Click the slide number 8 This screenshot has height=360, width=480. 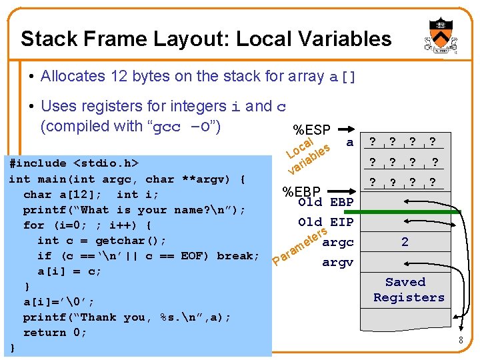tap(460, 341)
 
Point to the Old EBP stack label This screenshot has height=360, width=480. tap(326, 202)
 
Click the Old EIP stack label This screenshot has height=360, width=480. tap(326, 222)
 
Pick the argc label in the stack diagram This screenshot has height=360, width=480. tap(338, 242)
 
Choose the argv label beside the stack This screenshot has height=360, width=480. tap(338, 262)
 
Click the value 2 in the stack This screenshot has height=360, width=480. tap(405, 242)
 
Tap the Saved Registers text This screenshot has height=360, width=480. tap(409, 290)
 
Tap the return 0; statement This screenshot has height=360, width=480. tap(55, 333)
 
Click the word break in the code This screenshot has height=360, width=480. tap(239, 256)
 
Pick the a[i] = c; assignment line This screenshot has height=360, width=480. tap(69, 271)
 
